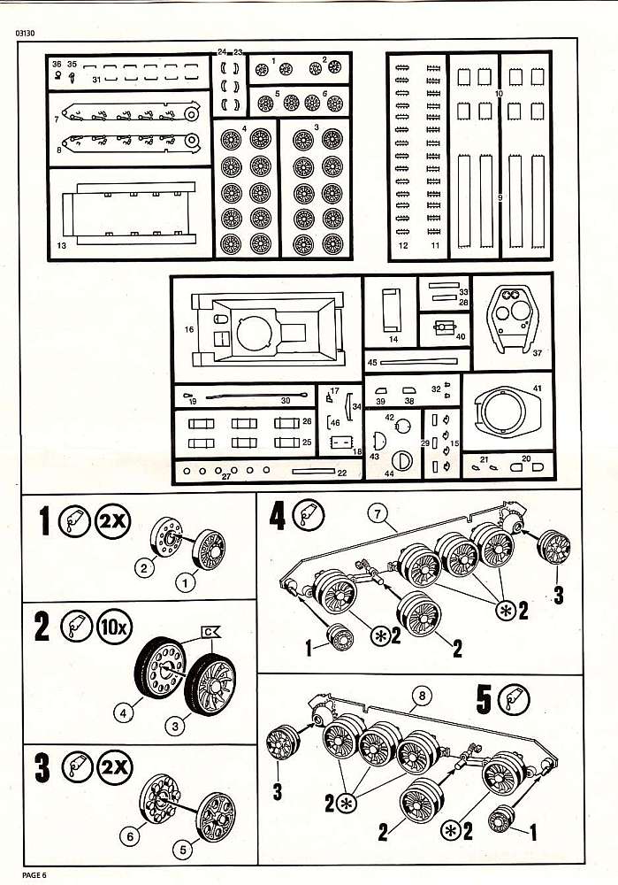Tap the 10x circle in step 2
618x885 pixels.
click(x=112, y=630)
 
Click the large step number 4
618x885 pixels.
click(x=278, y=516)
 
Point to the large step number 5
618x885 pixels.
click(x=483, y=699)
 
